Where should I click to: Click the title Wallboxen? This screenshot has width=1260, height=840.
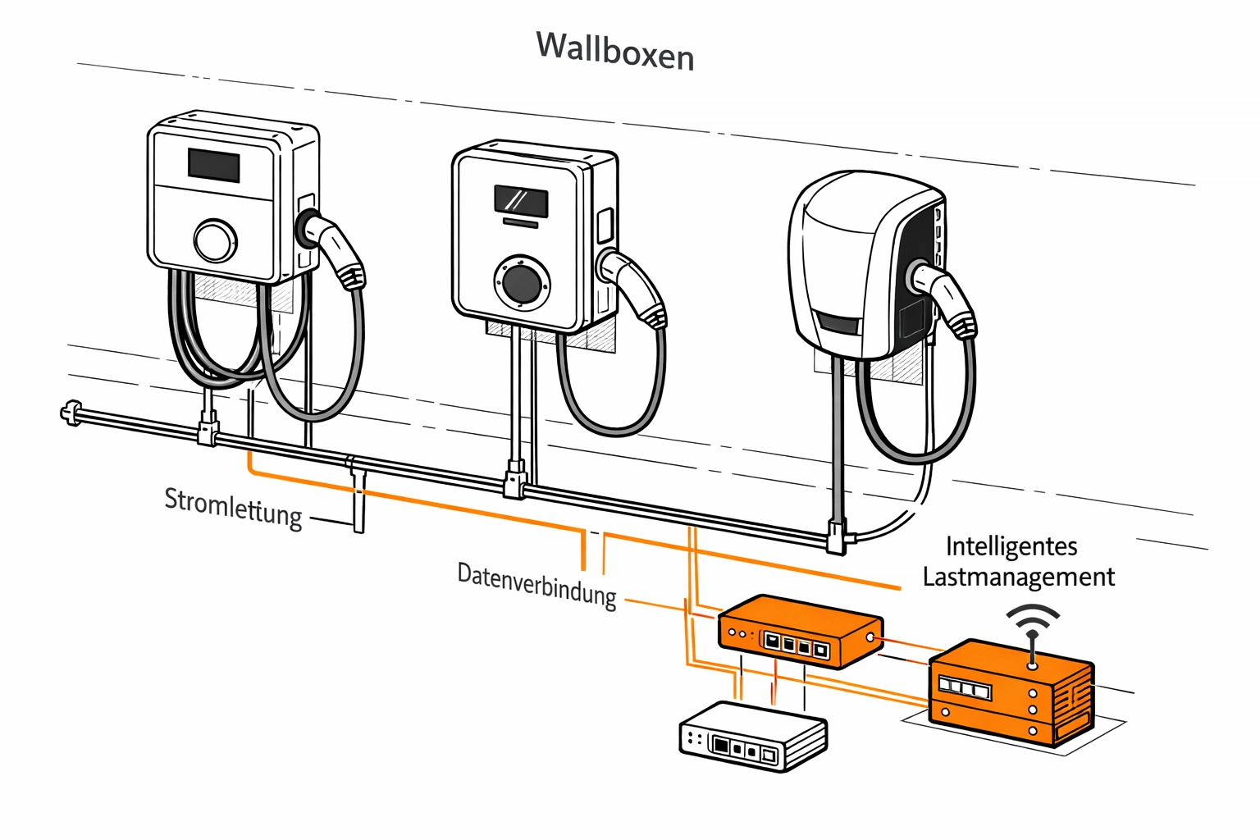(615, 51)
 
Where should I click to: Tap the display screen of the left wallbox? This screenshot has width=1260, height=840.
(214, 165)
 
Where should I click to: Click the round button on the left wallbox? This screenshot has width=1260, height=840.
(215, 240)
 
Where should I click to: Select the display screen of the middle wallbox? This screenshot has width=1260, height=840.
(521, 200)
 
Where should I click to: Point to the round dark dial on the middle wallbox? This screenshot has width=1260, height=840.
(522, 283)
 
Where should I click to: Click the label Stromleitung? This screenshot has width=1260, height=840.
(234, 507)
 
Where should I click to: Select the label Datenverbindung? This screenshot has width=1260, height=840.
(537, 584)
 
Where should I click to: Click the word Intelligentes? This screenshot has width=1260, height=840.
(1011, 546)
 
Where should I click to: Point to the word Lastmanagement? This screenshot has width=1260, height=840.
(1018, 577)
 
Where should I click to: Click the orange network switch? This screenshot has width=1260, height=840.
(800, 632)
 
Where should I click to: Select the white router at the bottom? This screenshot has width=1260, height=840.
(752, 737)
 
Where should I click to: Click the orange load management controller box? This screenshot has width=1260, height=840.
(1011, 692)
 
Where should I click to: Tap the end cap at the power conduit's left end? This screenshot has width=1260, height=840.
(71, 413)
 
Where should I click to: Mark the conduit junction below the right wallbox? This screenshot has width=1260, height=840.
(837, 536)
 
